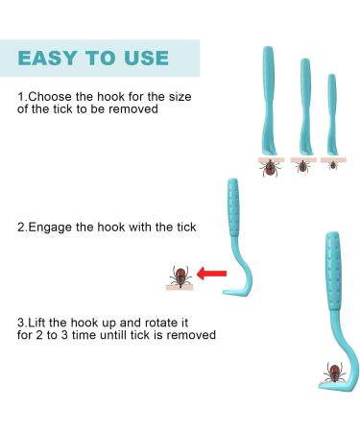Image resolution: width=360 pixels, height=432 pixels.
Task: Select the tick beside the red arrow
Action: click(178, 276)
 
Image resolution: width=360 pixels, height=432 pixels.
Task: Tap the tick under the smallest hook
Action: click(333, 164)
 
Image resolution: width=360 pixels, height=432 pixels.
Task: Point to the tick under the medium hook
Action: click(302, 165)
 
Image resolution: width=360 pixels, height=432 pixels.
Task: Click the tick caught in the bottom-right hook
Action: click(334, 372)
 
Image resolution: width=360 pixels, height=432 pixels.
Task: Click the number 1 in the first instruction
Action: click(20, 98)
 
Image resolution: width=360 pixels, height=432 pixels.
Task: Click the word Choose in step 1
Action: click(49, 98)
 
